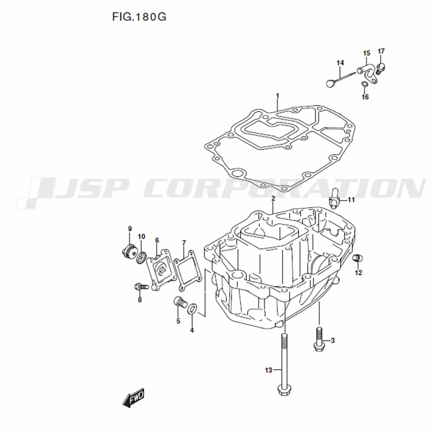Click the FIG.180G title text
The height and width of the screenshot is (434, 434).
pos(139,17)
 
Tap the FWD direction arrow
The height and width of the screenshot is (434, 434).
pos(134,398)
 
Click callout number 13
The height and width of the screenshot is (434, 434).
pos(269,370)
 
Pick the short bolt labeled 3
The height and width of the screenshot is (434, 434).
pos(319,339)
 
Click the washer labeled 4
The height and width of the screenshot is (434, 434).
pos(193,309)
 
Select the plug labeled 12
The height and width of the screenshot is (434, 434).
pos(358,258)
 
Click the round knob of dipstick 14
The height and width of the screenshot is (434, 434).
pos(330,83)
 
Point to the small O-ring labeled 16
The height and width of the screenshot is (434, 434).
pos(365,84)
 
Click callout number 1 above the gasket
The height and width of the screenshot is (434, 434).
pos(277,96)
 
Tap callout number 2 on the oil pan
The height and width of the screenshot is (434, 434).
pos(273,199)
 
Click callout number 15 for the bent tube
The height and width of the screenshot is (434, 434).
pos(367,53)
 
